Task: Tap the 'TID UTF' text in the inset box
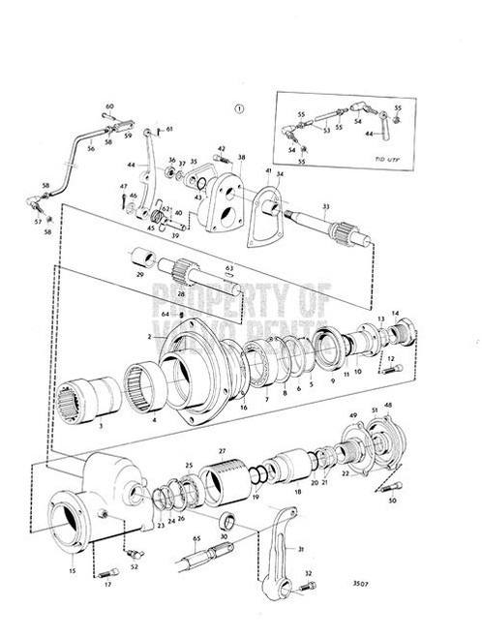pyautogui.click(x=385, y=155)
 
